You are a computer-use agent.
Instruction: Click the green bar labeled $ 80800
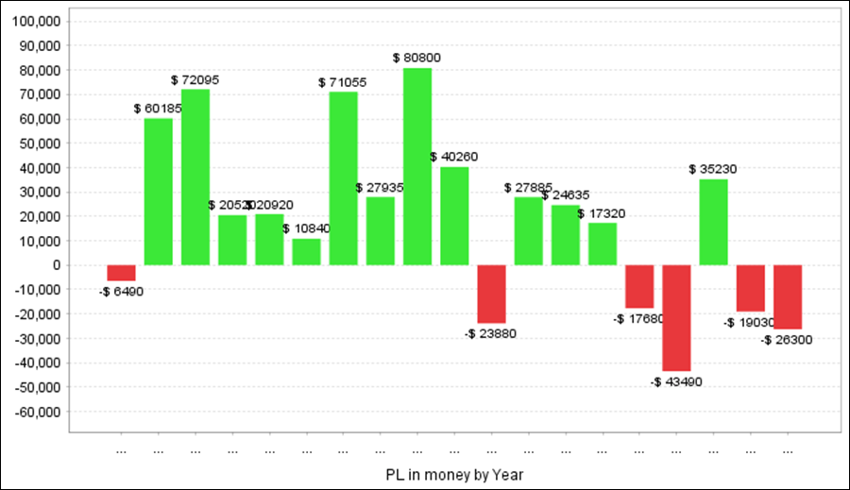[417, 166]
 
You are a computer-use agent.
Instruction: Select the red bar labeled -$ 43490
[676, 317]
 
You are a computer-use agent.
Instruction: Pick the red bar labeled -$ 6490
[121, 273]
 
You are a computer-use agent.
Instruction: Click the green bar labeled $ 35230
[713, 222]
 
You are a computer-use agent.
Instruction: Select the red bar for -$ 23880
[491, 294]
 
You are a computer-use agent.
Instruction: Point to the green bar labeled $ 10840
[306, 251]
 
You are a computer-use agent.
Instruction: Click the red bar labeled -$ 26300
[788, 296]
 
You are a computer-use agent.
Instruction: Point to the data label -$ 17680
[638, 319]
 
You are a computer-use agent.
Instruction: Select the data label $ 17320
[601, 213]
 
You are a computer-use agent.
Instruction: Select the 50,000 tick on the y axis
[36, 144]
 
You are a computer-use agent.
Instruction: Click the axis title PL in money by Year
[454, 474]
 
